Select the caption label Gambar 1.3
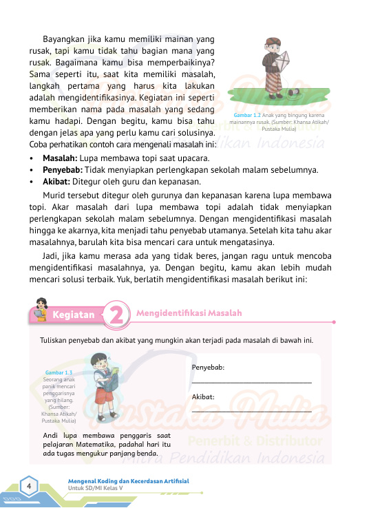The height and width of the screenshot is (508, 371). (59, 372)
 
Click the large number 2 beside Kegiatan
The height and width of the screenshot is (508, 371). (118, 316)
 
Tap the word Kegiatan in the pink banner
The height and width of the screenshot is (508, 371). (73, 315)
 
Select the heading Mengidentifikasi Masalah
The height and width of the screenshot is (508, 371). (189, 313)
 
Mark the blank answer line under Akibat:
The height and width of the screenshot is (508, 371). (251, 412)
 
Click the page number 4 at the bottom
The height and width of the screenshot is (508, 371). (30, 486)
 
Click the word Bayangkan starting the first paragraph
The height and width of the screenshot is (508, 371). (65, 39)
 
